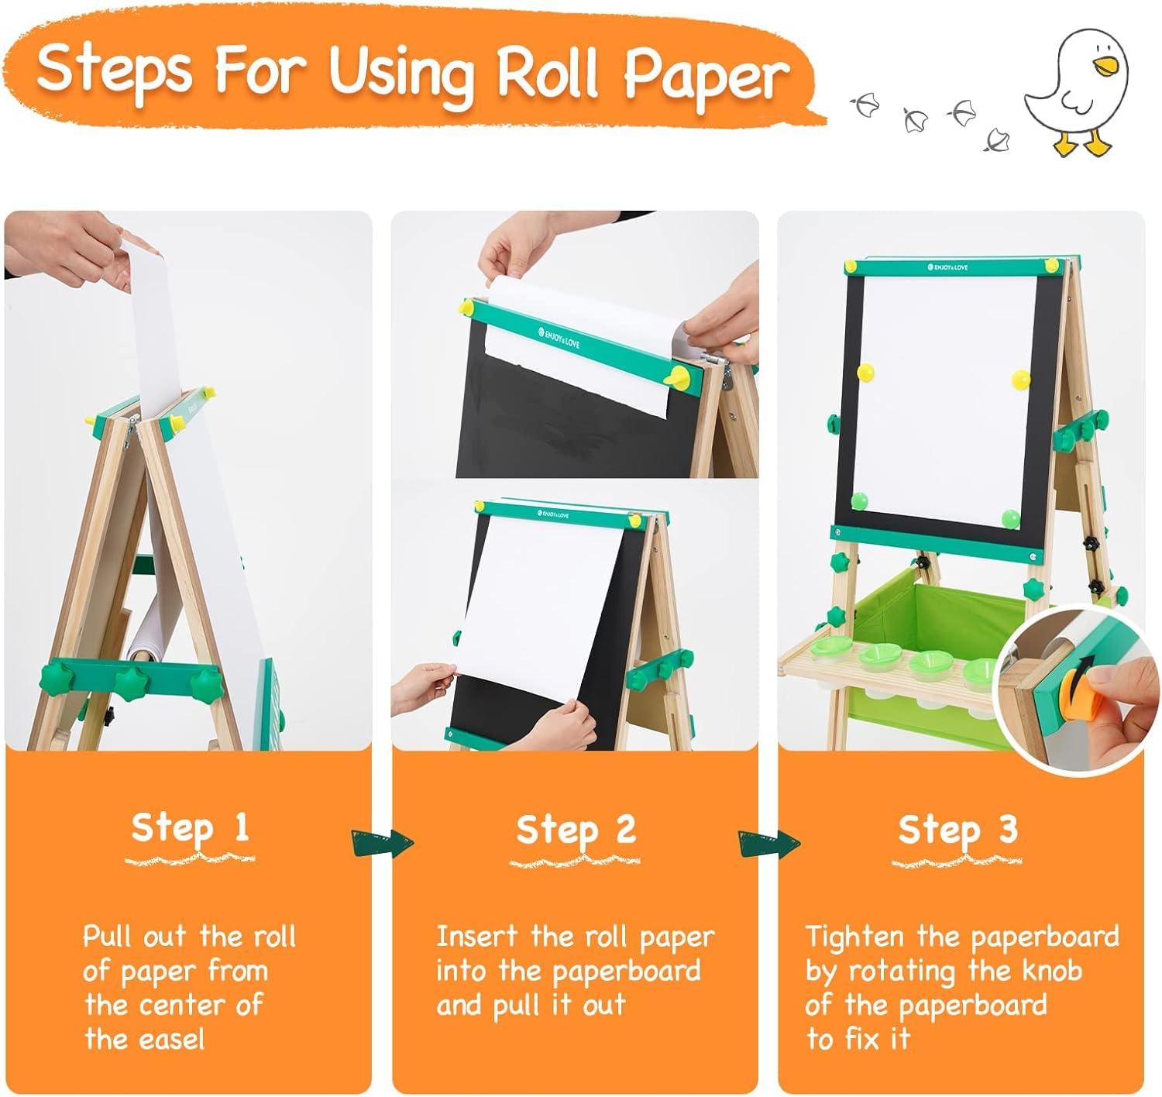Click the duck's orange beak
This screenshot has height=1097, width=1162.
[x=1104, y=66]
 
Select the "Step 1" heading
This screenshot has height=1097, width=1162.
[x=190, y=827]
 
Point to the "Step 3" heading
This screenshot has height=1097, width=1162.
[x=957, y=829]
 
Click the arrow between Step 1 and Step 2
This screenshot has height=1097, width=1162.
[x=382, y=843]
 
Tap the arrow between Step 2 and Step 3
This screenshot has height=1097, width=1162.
[x=768, y=843]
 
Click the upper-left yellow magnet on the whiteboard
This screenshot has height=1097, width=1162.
[x=865, y=373]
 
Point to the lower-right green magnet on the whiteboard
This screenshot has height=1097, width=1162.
[x=1010, y=518]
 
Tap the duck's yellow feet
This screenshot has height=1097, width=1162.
[x=1082, y=143]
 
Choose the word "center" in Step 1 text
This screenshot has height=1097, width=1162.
[x=182, y=1006]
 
